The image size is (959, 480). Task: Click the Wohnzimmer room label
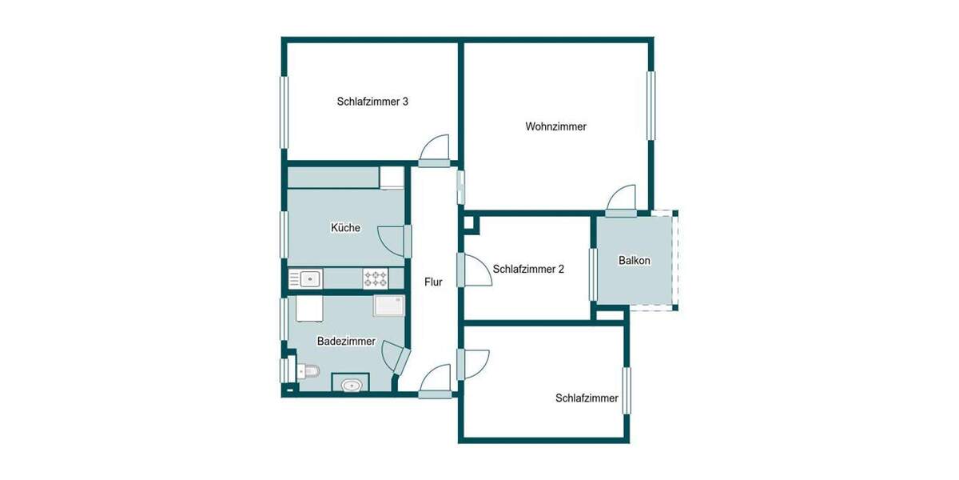coord(556,126)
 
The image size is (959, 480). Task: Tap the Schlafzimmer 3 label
coord(373,102)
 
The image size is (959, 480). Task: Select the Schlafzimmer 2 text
coord(528,270)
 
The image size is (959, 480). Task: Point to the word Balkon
coord(635,261)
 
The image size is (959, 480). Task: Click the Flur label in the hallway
coord(433,282)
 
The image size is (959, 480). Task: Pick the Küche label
coord(345,228)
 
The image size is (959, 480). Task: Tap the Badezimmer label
coord(346,342)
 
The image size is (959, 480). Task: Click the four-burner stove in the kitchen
coord(376,278)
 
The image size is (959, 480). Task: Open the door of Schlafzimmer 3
coord(436,150)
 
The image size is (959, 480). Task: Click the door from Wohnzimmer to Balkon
coord(621,200)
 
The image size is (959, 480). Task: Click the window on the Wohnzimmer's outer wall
coord(651,106)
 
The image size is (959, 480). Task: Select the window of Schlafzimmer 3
coord(283,111)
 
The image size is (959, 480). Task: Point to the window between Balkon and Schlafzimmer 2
coord(593,274)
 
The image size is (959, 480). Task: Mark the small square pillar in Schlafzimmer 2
coord(471,225)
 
